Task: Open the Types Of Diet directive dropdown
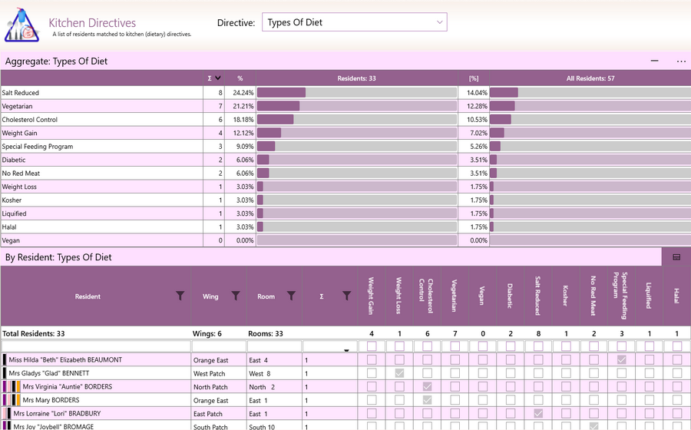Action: (354, 22)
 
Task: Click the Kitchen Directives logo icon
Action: (21, 25)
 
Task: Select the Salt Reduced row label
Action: (20, 93)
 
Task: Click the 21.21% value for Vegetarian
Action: (243, 106)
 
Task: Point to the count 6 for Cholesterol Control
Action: (220, 120)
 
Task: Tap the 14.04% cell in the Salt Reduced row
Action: (477, 93)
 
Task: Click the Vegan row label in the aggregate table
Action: (11, 240)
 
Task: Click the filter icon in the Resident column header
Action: (180, 296)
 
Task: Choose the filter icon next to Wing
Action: (236, 296)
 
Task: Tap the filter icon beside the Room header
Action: (291, 296)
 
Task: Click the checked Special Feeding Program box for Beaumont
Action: (621, 360)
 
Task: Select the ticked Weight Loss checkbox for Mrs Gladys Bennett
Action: (399, 373)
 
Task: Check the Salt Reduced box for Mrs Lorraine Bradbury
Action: (538, 414)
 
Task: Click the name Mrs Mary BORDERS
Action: (51, 400)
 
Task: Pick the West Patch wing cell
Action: (210, 374)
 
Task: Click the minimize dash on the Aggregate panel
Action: (654, 61)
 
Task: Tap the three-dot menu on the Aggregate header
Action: (681, 61)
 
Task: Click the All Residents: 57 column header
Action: (590, 78)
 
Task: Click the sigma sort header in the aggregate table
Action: (214, 78)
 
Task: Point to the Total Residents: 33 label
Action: (34, 333)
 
